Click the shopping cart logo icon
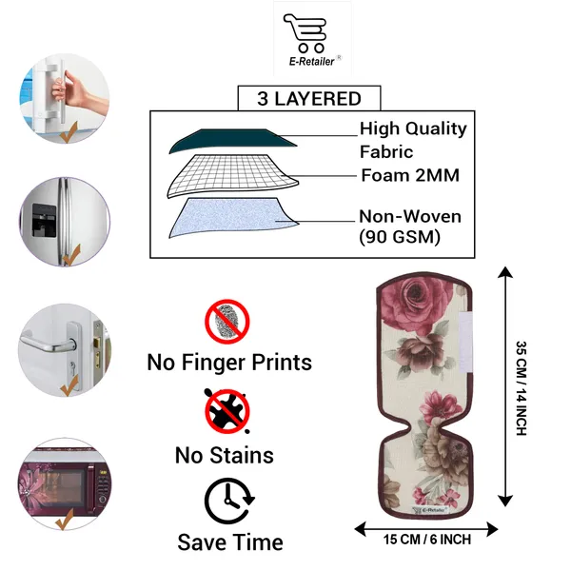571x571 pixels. point(305,32)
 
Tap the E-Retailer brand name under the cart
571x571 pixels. point(312,62)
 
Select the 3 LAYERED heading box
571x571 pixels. point(309,98)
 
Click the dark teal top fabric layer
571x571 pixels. point(233,141)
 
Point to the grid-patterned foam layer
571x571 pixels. point(233,176)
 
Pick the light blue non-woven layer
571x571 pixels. point(233,217)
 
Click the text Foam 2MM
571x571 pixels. point(410,175)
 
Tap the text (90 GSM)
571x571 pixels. point(400,237)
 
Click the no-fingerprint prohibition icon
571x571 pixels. point(227,322)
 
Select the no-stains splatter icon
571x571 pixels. point(227,411)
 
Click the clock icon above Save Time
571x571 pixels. point(229,502)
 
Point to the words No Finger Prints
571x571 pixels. point(229,363)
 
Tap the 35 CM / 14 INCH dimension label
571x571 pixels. point(522,388)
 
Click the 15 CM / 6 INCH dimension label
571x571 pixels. point(427,540)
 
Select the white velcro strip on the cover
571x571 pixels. point(465,343)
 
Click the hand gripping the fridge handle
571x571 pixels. point(69,91)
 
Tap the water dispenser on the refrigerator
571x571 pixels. point(44,220)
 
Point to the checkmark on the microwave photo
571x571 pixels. point(65,520)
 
